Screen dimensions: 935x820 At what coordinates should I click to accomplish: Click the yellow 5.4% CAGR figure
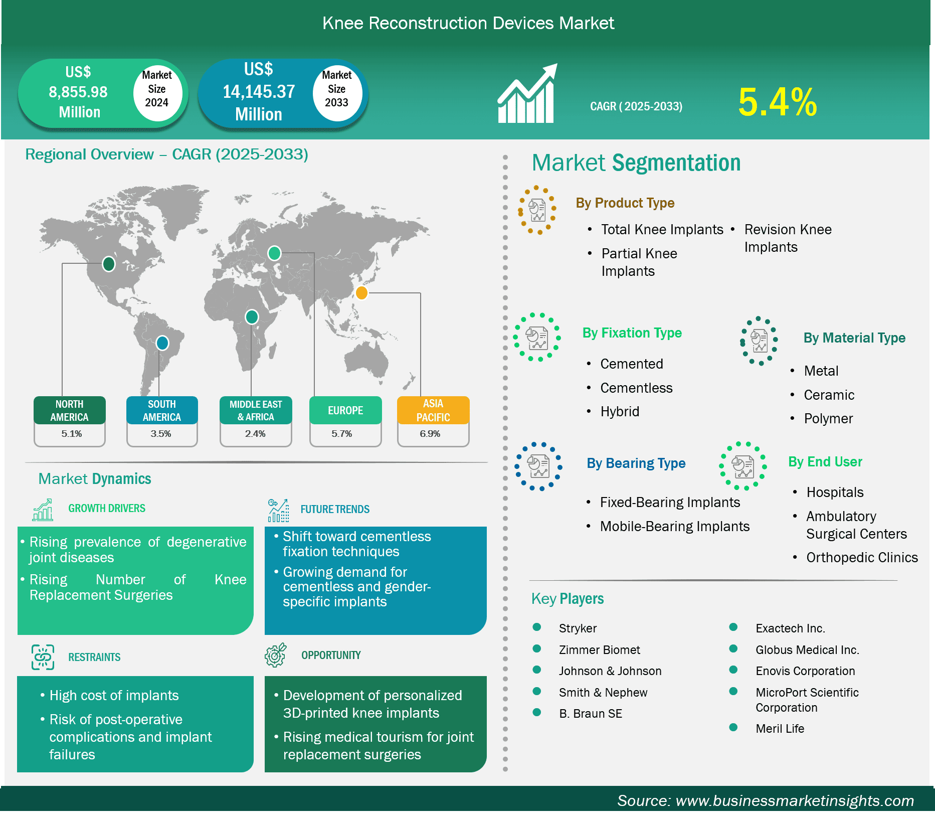point(778,102)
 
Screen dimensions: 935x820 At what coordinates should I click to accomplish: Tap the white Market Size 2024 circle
point(157,92)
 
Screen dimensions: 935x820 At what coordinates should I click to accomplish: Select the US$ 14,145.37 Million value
point(259,92)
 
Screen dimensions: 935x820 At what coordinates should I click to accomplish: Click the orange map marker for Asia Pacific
point(361,292)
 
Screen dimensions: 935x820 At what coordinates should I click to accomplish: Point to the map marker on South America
point(162,343)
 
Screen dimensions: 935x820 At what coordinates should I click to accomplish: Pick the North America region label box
point(70,410)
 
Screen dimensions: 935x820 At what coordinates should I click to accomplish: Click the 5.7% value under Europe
point(342,434)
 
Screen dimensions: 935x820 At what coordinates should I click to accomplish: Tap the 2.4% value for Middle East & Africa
point(255,434)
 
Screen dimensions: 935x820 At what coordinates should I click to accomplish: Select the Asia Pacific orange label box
point(433,410)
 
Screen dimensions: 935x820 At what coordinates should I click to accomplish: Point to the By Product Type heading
point(625,203)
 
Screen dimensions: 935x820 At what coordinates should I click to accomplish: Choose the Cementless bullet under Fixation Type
point(636,388)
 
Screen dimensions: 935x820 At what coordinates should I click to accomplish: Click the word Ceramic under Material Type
point(829,395)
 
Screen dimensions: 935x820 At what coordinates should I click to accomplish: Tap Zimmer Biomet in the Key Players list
point(600,650)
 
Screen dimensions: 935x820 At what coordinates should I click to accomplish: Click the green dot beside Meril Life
point(733,727)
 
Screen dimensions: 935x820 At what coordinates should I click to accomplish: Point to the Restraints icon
point(43,657)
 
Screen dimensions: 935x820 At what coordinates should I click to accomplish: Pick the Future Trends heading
point(335,510)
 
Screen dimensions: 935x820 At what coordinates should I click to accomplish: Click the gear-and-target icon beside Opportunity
point(276,655)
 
